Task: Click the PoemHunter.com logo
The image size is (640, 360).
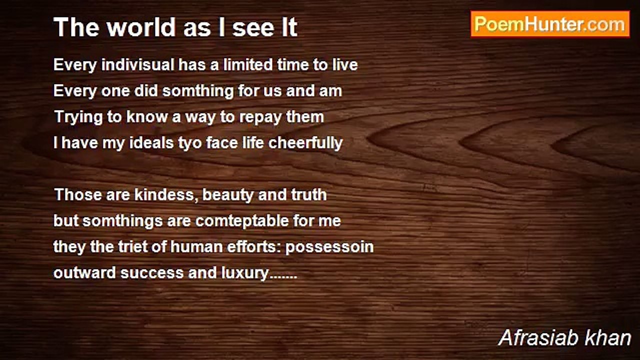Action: tap(550, 24)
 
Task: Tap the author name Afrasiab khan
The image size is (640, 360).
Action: tap(564, 338)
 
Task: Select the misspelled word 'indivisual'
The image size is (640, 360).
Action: tap(137, 64)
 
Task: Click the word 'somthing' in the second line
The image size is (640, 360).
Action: tap(198, 91)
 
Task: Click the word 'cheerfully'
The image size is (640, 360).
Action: tap(305, 143)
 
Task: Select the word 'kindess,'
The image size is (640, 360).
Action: tap(166, 195)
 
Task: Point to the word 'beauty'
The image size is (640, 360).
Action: tap(227, 195)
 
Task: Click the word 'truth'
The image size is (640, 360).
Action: tap(309, 195)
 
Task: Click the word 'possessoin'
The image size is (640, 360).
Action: tap(329, 247)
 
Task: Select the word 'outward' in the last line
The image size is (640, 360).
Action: tap(84, 273)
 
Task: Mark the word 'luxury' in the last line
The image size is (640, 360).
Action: tap(244, 273)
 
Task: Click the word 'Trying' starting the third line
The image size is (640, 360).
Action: tap(78, 117)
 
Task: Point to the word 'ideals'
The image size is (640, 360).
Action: tap(151, 143)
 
